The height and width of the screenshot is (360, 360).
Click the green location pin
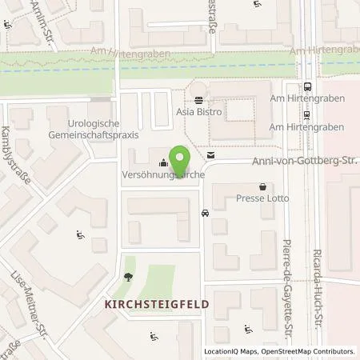[x=182, y=157]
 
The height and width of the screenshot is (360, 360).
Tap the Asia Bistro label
[x=199, y=113]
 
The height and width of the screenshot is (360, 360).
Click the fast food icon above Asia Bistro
[x=198, y=99]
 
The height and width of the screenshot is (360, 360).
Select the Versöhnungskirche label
[x=158, y=174]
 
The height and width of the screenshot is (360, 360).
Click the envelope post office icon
[x=210, y=154]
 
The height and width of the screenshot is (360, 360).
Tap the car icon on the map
[x=206, y=214]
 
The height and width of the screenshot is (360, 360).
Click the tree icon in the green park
[x=129, y=277]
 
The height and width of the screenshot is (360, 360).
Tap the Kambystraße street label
[x=17, y=155]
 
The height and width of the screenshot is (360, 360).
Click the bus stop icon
[x=308, y=88]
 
